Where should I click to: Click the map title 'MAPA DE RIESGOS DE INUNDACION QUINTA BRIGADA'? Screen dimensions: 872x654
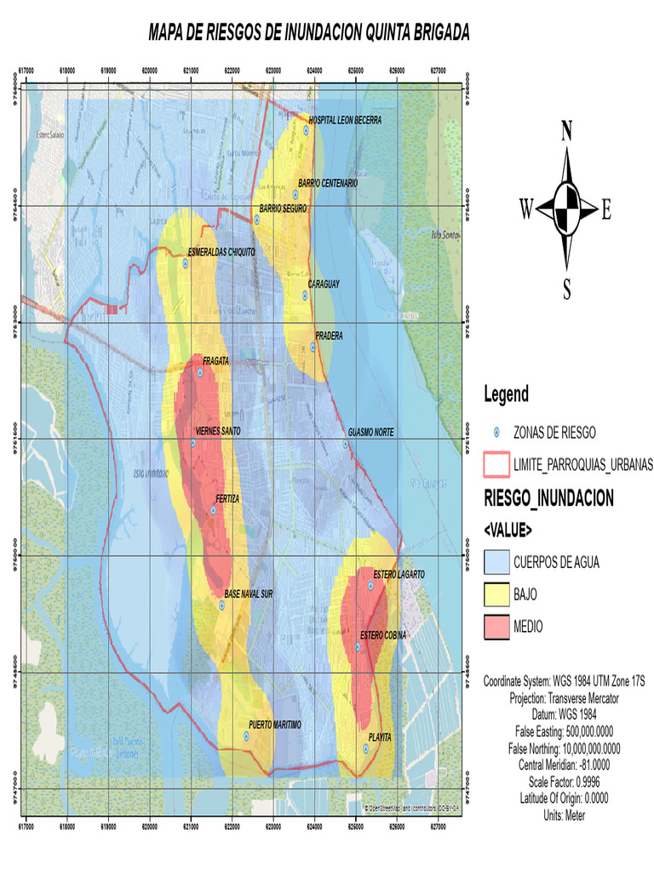[x=308, y=33]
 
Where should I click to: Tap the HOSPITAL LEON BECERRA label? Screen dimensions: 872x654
[x=345, y=120]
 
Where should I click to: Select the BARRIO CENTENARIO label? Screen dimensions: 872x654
[x=328, y=183]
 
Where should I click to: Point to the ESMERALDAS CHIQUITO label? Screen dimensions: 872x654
[x=221, y=251]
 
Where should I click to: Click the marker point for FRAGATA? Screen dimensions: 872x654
[x=200, y=372]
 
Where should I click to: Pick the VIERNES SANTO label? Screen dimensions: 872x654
[x=218, y=432]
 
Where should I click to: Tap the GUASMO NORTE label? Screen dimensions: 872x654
[x=371, y=433]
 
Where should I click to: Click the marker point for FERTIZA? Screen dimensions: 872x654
[x=213, y=510]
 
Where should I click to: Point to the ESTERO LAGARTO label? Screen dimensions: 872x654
[x=399, y=575]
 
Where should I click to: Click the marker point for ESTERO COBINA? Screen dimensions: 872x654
[x=358, y=647]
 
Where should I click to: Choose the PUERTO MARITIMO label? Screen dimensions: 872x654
[x=275, y=725]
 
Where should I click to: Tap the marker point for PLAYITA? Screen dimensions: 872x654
[x=365, y=749]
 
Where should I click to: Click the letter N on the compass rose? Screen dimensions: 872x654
[x=566, y=130]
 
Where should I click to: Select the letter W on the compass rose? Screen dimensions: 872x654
[x=526, y=209]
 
